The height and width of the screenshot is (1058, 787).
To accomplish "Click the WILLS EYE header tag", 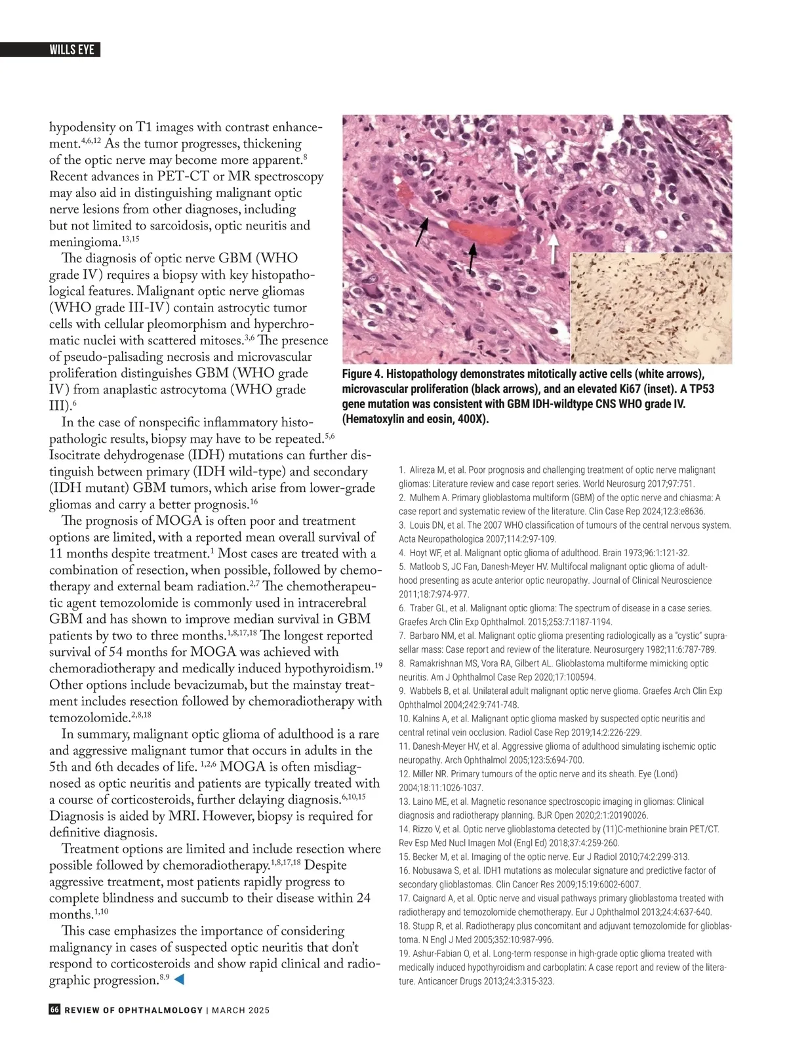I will [72, 50].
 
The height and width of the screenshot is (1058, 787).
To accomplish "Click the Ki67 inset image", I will [651, 308].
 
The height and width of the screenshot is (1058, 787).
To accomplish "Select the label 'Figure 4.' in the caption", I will [362, 374].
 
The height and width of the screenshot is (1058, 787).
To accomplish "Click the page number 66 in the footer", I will [54, 1009].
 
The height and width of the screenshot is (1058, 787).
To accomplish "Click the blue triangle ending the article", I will [178, 979].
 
